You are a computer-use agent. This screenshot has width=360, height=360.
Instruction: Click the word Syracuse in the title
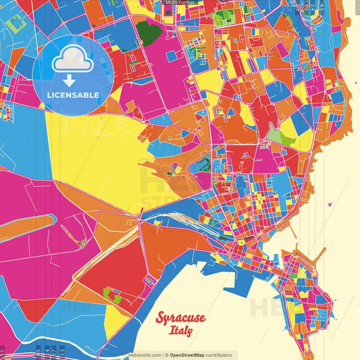coord(180,317)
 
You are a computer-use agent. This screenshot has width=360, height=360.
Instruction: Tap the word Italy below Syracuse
coord(181,331)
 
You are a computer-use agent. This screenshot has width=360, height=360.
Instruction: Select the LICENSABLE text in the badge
coord(73,94)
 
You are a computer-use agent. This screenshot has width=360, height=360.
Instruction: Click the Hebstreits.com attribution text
coord(145,355)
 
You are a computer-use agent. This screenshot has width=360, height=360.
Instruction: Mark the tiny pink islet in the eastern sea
coord(328,203)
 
